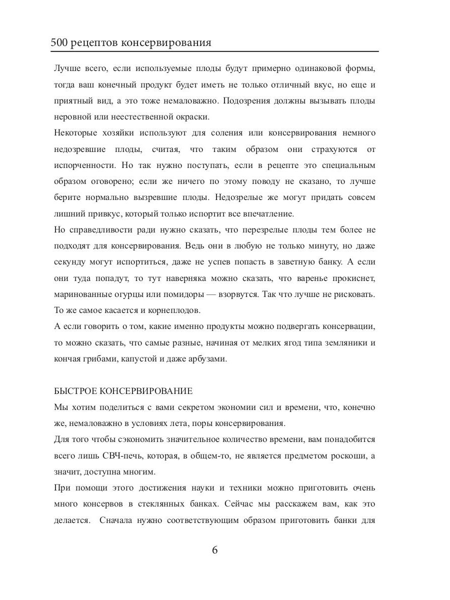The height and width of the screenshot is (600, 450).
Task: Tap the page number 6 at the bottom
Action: [215, 550]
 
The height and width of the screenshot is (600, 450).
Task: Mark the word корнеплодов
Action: [173, 310]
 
